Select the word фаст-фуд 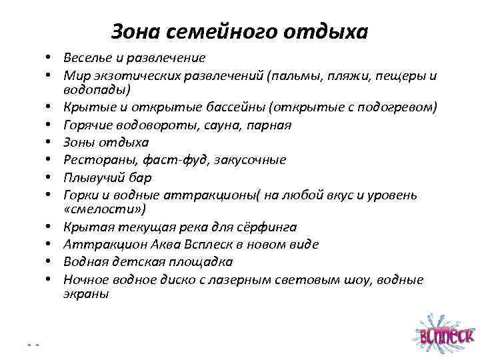coord(163,159)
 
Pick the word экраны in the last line coord(87,294)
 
